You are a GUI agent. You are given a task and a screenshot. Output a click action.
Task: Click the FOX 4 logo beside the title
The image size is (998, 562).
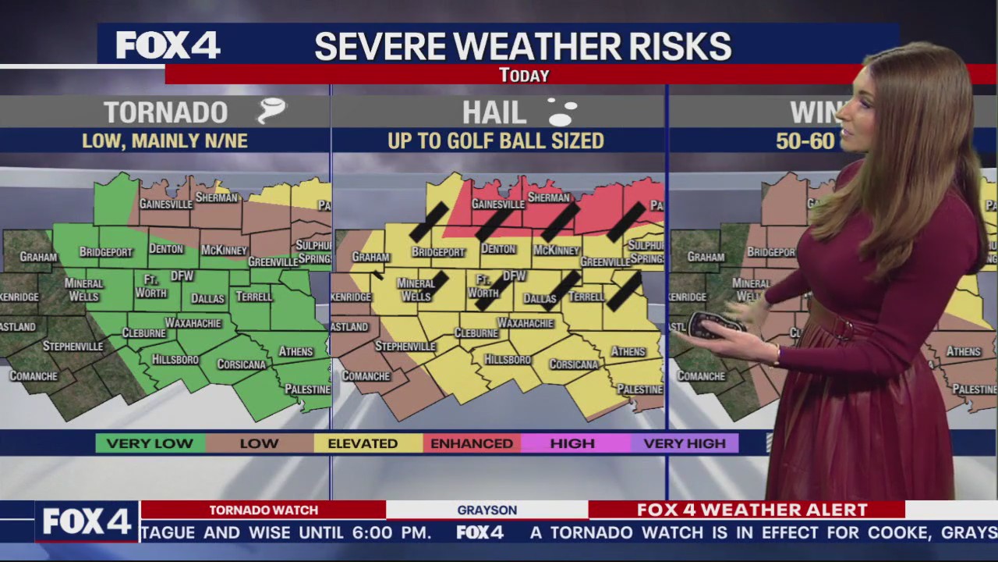point(168,45)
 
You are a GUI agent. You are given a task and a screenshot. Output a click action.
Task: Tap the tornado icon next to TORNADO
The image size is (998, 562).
point(271,111)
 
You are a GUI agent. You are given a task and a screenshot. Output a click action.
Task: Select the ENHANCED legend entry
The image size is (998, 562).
point(472,443)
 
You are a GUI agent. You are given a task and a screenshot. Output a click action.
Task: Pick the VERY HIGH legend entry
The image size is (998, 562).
point(685,443)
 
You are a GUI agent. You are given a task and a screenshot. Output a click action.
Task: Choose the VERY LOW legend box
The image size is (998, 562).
point(150,443)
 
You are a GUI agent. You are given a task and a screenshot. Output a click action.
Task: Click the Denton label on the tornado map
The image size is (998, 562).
point(165,249)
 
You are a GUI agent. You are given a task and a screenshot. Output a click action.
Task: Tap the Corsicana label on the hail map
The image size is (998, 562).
point(574,365)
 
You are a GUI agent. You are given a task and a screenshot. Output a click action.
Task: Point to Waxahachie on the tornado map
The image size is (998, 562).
point(193,322)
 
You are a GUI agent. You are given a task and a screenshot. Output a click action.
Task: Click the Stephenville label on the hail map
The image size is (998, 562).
point(405,346)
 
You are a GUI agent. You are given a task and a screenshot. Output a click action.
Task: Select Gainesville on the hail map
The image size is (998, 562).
point(497,204)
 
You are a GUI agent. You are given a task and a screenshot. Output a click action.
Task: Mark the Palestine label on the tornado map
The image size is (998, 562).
point(307,389)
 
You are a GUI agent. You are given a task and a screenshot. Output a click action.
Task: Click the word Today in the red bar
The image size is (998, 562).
point(524,75)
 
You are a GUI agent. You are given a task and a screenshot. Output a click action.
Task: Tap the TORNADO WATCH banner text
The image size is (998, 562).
point(264,510)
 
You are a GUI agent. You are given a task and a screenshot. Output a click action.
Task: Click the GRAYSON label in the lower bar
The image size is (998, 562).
point(487,510)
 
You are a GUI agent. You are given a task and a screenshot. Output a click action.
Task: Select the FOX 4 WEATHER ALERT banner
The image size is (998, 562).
point(752,510)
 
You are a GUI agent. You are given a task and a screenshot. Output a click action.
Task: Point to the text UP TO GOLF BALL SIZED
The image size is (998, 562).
point(496,141)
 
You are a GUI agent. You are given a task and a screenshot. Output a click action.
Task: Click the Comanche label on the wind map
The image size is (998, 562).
point(700,376)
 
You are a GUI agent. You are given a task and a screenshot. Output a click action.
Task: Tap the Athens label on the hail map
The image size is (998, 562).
point(628,351)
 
